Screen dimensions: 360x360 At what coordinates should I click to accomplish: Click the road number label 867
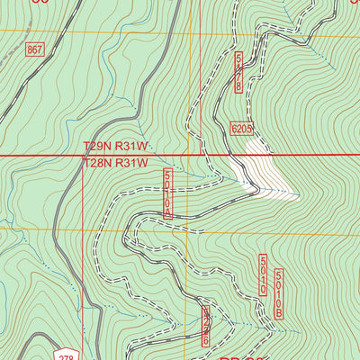(34, 47)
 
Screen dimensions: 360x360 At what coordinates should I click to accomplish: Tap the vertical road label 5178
(238, 71)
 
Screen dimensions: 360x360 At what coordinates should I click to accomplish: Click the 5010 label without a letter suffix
(263, 275)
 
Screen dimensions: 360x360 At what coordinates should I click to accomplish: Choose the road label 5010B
(280, 294)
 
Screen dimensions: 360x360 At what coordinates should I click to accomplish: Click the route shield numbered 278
(60, 351)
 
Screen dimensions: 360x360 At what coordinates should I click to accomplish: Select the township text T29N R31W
(115, 146)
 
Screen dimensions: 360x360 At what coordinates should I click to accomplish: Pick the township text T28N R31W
(115, 163)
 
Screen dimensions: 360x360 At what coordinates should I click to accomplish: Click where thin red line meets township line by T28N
(83, 156)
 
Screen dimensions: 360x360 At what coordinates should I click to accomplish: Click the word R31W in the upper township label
(131, 146)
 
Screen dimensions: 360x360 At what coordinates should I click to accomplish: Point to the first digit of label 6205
(233, 129)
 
